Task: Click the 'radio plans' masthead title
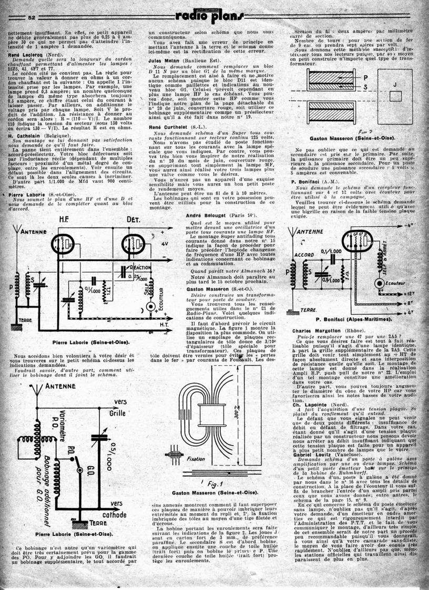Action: pyautogui.click(x=214, y=17)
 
